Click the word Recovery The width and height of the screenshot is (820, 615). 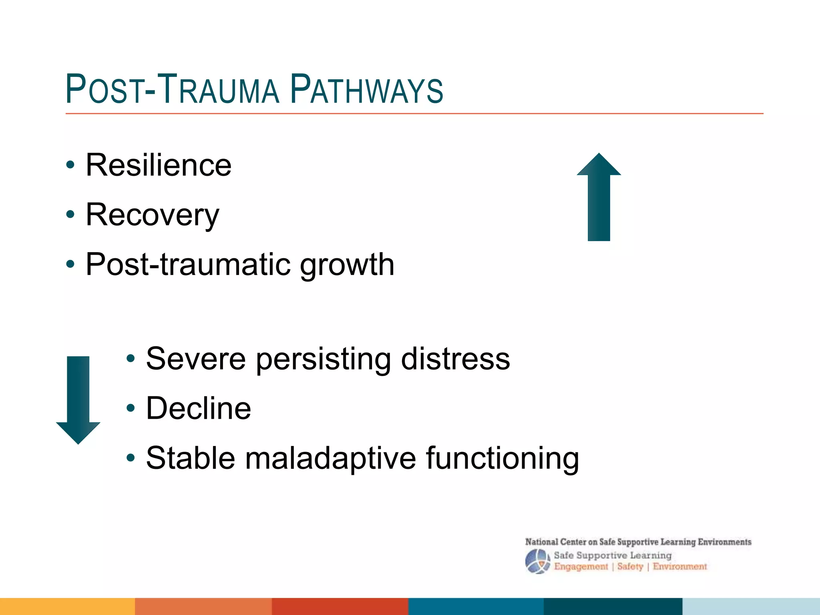[x=153, y=215]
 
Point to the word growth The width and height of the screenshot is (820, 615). [x=347, y=265]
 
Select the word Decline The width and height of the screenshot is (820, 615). [x=199, y=408]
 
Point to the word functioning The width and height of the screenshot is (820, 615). [x=502, y=458]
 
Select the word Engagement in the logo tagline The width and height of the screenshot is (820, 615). [x=581, y=567]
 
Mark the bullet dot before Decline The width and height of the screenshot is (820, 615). [x=131, y=408]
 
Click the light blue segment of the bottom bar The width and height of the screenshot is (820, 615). [x=751, y=606]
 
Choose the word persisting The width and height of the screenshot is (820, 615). [x=323, y=359]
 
